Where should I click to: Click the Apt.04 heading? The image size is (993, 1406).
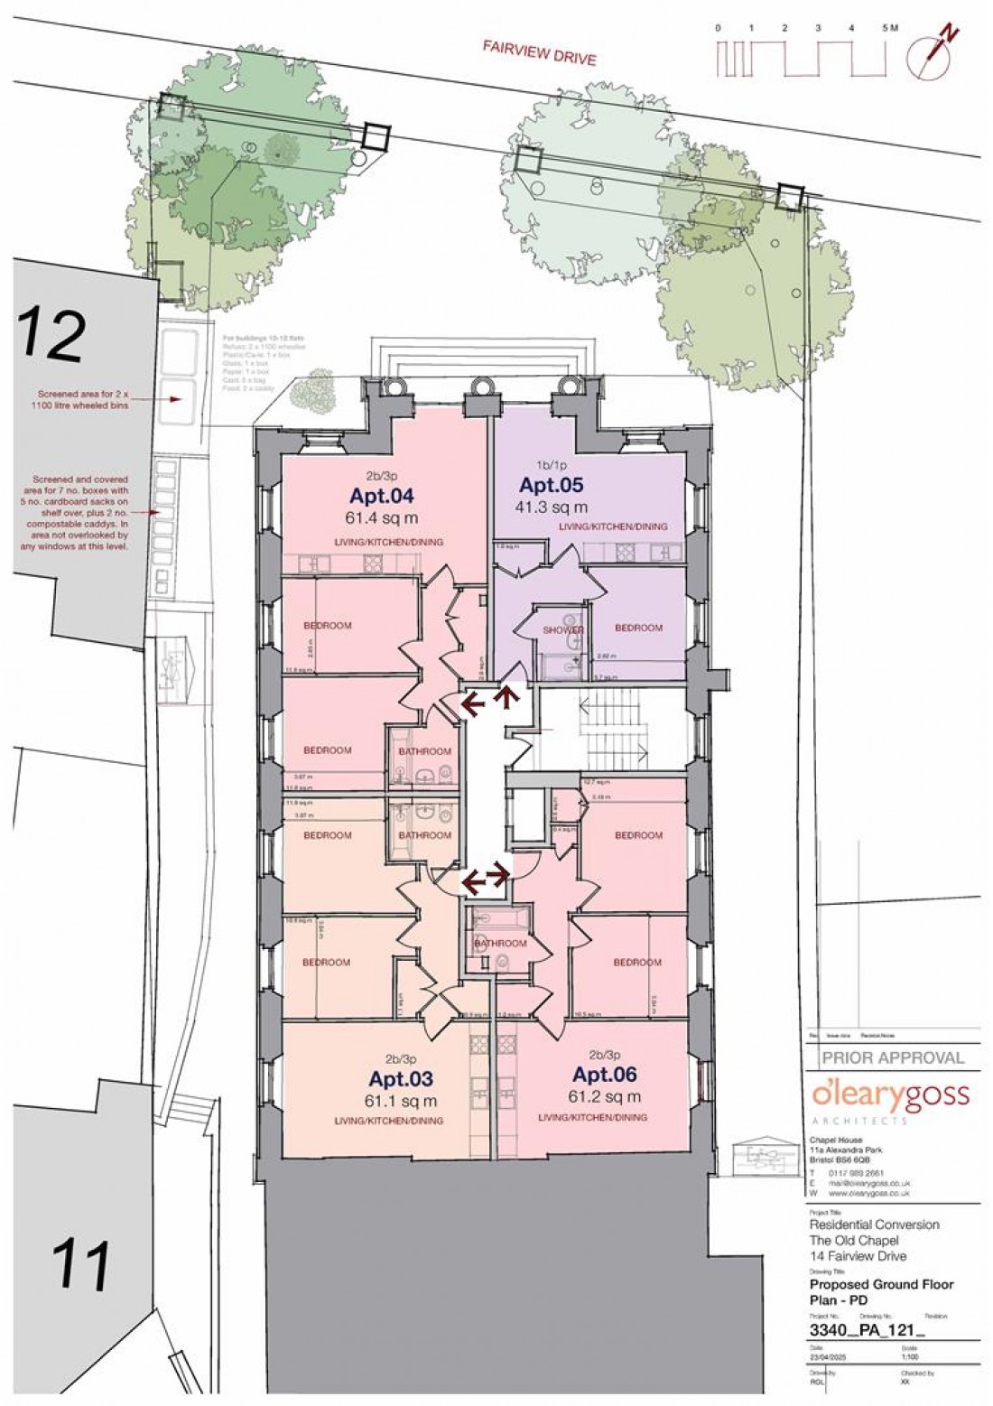(x=378, y=497)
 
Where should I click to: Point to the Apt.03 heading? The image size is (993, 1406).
(x=402, y=1079)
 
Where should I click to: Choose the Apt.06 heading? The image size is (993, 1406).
(x=605, y=1075)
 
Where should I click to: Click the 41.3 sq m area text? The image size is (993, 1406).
(x=552, y=507)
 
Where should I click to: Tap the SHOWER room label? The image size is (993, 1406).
(x=562, y=629)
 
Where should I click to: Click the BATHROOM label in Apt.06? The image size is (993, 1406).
(x=500, y=944)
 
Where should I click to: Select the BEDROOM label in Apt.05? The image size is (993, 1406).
(x=638, y=628)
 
